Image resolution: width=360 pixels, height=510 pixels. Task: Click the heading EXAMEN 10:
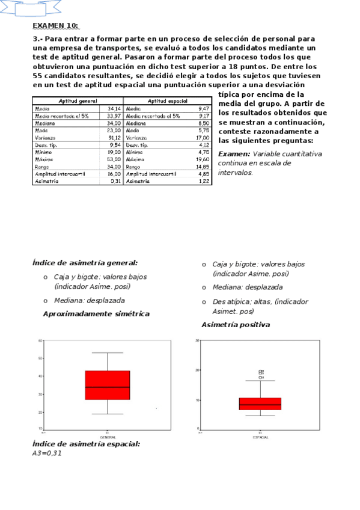click(x=55, y=25)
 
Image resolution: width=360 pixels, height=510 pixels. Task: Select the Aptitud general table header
click(x=78, y=101)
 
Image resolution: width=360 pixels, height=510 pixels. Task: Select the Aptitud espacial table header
click(x=168, y=101)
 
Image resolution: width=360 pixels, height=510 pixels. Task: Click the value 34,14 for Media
click(x=114, y=109)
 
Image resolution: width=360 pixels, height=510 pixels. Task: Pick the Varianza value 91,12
click(x=114, y=138)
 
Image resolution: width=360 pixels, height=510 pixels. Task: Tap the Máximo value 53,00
click(x=114, y=159)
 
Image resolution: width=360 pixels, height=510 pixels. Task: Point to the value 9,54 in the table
click(x=115, y=145)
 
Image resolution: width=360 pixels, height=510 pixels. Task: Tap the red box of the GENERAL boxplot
click(x=108, y=385)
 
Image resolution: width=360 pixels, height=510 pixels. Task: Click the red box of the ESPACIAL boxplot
click(x=260, y=404)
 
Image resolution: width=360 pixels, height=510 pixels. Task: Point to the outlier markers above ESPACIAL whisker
click(x=261, y=374)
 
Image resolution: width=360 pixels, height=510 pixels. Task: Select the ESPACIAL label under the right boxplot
click(x=260, y=437)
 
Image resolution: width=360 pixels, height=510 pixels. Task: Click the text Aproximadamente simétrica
click(x=96, y=314)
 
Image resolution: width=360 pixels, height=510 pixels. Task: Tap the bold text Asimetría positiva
click(x=236, y=325)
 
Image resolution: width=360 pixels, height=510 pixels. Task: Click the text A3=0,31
click(x=47, y=453)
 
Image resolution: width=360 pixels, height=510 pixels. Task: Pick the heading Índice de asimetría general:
click(x=85, y=262)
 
